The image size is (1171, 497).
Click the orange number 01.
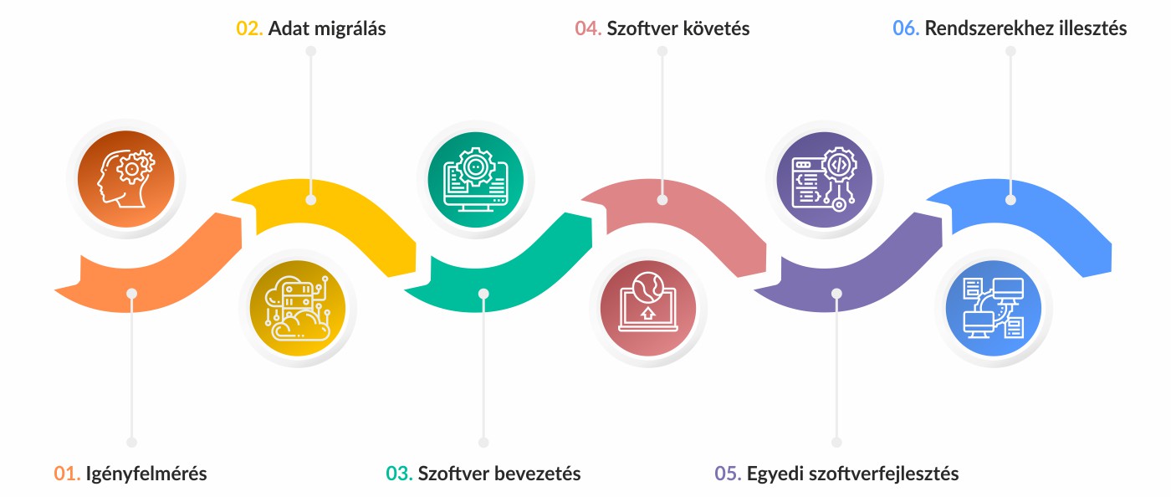pos(67,474)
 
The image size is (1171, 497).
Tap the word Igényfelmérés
pos(146,474)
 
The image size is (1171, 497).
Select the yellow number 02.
pos(249,28)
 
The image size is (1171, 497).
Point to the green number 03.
pos(399,474)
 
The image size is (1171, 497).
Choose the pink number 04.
pos(588,28)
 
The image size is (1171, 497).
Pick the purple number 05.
pos(728,474)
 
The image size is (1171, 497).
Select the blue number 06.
pos(906,28)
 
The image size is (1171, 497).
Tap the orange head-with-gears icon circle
pos(125,178)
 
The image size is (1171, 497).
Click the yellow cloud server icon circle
pos(298,308)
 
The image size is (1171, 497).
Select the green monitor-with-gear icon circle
pos(475,178)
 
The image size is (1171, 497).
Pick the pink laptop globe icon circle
pos(648,308)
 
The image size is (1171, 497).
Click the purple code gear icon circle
pos(824,178)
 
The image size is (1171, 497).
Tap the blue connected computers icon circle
pos(994,308)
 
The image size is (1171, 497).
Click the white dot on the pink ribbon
pos(662,201)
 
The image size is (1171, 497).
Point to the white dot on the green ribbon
pos(483,293)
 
